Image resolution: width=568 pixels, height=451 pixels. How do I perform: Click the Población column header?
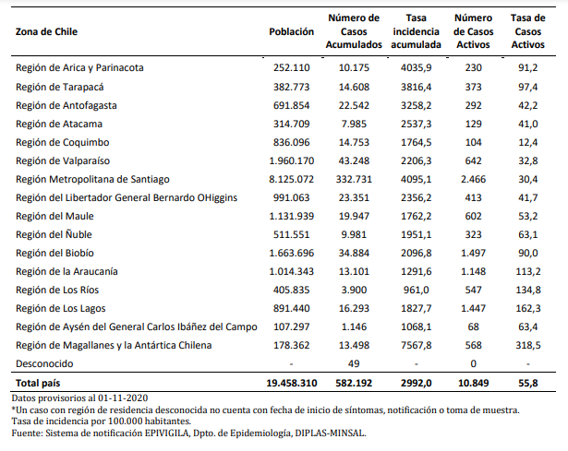291,31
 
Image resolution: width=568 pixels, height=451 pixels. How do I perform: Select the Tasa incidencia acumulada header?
416,31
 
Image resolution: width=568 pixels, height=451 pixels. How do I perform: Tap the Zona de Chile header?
46,31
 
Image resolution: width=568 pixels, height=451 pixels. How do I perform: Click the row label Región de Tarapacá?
60,87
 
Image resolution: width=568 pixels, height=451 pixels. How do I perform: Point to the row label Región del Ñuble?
54,234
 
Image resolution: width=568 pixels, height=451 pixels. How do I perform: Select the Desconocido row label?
44,363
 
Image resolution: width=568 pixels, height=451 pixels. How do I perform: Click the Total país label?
38,383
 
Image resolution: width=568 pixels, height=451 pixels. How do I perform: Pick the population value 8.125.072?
291,179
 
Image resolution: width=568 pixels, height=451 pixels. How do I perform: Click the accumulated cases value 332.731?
354,179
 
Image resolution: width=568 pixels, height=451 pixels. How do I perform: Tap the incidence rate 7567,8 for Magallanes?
416,345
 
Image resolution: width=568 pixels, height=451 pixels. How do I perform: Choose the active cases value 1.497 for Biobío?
473,253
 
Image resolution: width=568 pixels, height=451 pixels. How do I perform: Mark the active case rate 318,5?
527,345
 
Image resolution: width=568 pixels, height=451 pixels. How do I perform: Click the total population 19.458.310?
292,383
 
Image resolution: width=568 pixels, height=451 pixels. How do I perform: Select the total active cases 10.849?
473,383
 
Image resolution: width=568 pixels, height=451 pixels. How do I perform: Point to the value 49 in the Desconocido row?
354,363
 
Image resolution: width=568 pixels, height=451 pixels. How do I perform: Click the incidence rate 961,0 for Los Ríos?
416,290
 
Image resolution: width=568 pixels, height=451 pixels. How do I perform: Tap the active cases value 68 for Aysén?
473,326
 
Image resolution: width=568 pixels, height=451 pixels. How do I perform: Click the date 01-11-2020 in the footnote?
123,398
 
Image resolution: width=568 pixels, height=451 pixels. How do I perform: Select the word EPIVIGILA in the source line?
167,433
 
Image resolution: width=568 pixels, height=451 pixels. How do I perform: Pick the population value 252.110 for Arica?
291,67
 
